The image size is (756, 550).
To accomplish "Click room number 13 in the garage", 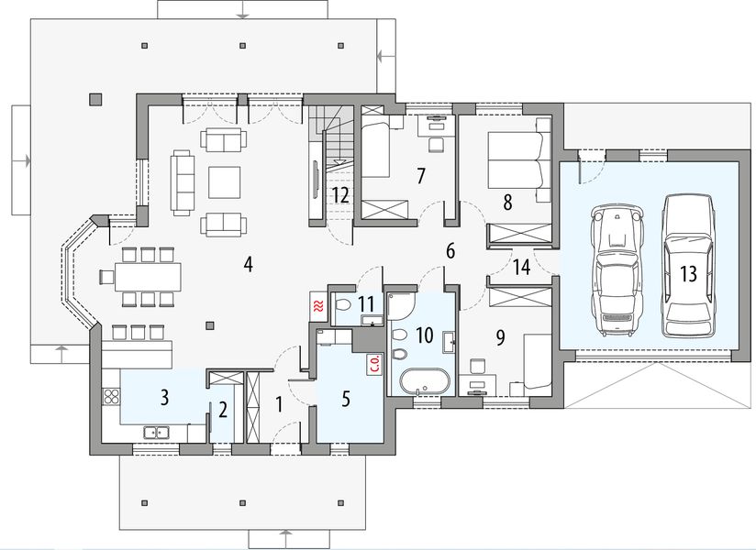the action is pos(689,273).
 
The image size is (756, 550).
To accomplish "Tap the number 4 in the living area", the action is pos(248,264).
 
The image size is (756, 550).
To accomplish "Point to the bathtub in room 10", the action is pos(425,382).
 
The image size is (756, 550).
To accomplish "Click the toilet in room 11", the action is pos(343,305).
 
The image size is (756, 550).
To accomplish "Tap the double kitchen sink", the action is pos(156,432).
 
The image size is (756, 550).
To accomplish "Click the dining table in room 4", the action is pos(148,277).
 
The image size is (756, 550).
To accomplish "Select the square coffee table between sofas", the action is pos(224,182).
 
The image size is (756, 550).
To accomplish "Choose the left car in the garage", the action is pos(617,269).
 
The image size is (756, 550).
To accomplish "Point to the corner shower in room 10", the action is pos(400,305).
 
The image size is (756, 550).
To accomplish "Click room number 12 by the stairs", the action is pos(339,195).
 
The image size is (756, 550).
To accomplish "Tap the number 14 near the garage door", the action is pos(522,267).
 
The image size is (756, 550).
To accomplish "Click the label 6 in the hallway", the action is pos(450,251).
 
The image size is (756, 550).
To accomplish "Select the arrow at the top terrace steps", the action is pos(242,10).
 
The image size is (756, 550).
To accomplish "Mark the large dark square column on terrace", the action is pos(95,99).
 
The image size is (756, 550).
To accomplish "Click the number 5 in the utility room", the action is pos(345,400).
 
